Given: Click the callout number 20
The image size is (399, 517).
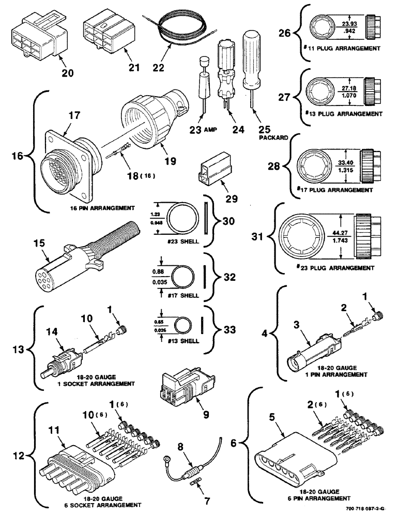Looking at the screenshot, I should coord(67,73).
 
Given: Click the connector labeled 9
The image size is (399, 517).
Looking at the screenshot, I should coord(182,388).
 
